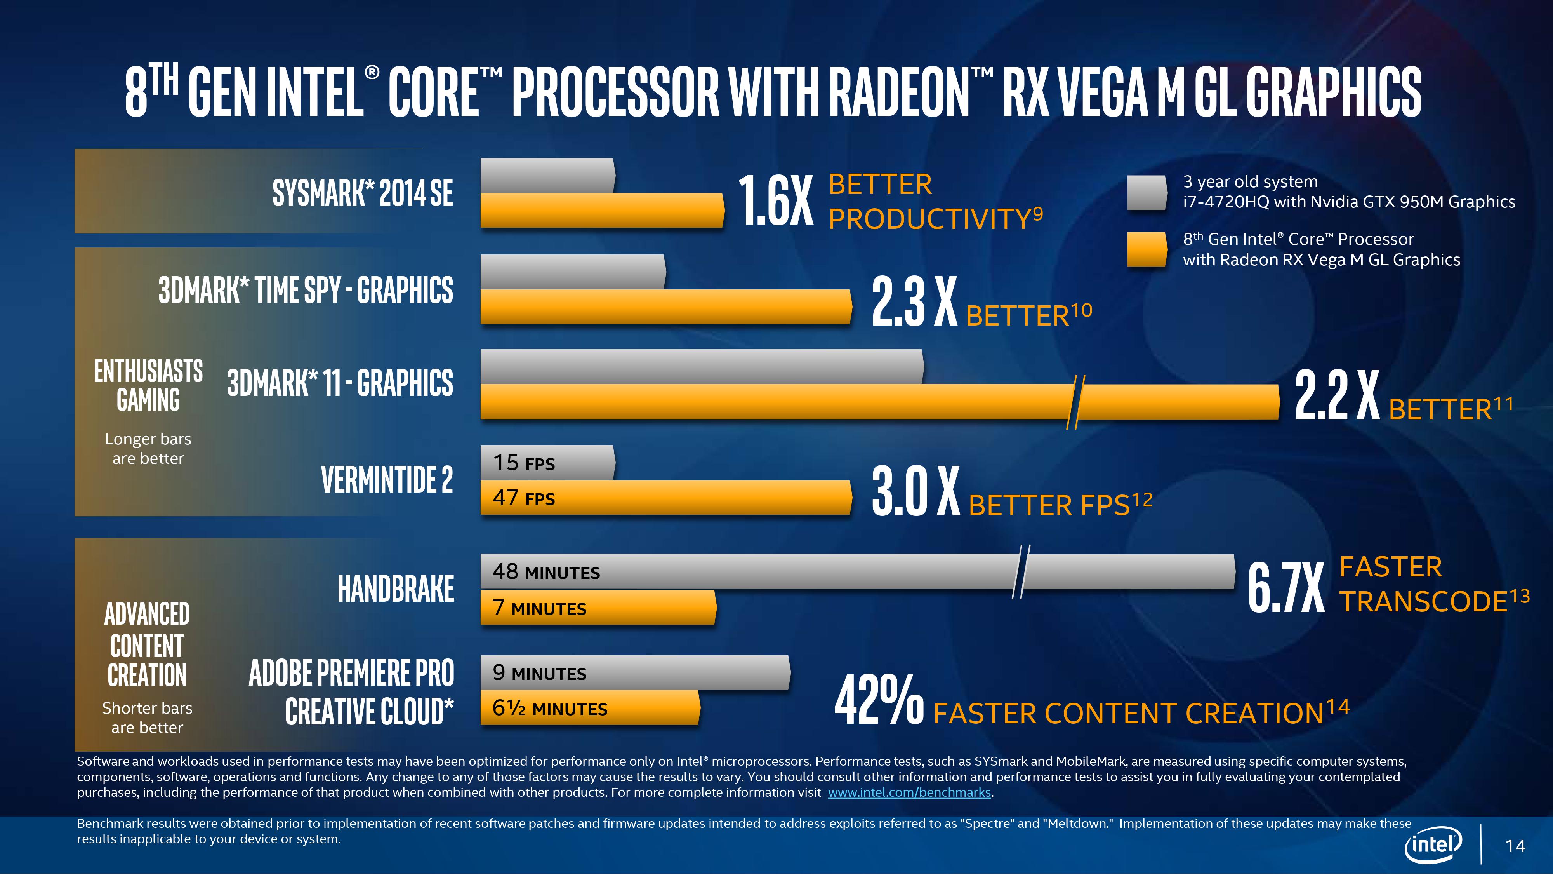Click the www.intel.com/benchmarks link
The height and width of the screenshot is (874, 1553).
pyautogui.click(x=909, y=792)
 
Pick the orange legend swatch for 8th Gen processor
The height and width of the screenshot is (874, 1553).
pyautogui.click(x=1147, y=249)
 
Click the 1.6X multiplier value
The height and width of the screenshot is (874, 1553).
pyautogui.click(x=776, y=200)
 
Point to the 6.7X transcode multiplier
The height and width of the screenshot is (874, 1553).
pyautogui.click(x=1285, y=587)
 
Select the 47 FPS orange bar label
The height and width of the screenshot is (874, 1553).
pyautogui.click(x=523, y=498)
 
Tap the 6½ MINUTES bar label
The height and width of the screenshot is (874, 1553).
pyautogui.click(x=549, y=708)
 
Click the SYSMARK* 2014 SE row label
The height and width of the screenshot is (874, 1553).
pyautogui.click(x=362, y=193)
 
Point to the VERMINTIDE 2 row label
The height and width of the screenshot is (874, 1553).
pyautogui.click(x=386, y=479)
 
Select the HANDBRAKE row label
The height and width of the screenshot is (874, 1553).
pyautogui.click(x=396, y=589)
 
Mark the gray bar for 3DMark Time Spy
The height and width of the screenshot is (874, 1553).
pyautogui.click(x=573, y=272)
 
